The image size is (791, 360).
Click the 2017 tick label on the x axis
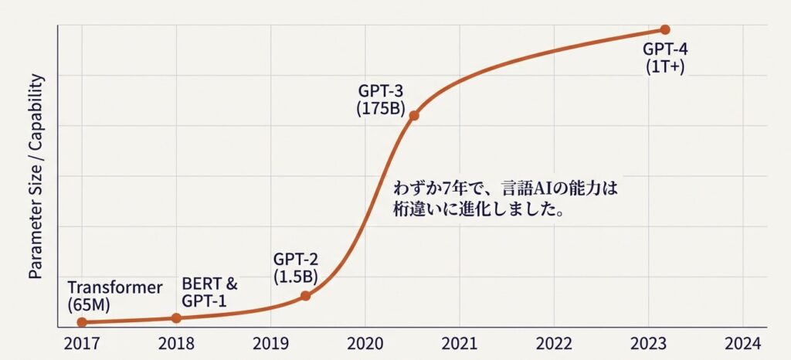81,344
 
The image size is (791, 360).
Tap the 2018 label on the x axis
176,344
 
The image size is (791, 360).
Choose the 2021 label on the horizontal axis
460,344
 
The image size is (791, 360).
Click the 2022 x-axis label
554,344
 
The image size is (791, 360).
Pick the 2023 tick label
648,344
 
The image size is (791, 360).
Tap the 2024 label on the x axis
742,344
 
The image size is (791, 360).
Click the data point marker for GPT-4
665,29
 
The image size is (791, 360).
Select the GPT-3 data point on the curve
414,116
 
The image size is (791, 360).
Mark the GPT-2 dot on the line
305,295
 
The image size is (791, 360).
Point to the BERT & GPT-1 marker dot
176,318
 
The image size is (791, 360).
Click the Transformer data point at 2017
82,322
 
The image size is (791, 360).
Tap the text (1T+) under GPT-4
665,66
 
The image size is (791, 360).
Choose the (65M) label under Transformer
90,304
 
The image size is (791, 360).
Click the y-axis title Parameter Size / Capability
35,177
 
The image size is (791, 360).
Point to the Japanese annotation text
507,199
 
